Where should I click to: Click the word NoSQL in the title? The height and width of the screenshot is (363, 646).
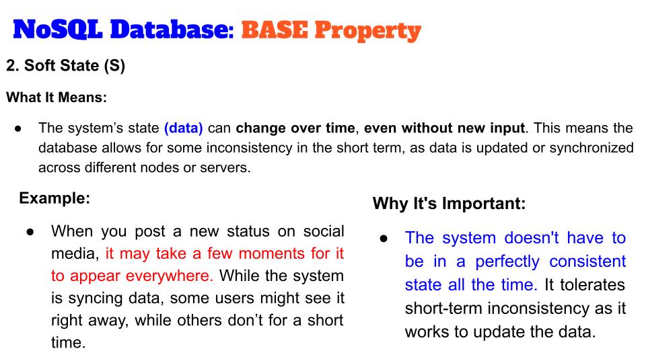point(58,30)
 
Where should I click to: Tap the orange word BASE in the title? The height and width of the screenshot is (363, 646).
point(275,30)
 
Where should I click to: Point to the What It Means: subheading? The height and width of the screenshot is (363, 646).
point(57,97)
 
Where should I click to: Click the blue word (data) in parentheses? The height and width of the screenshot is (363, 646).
point(183,128)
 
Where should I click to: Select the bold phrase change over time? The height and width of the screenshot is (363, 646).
point(295,128)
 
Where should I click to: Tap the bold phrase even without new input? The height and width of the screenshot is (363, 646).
point(445,128)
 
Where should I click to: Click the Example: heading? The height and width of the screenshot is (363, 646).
point(55,198)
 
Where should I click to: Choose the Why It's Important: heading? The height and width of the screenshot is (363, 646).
point(449,203)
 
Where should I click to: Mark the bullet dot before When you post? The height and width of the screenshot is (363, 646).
point(30,232)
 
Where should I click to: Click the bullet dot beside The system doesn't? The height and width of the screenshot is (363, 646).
point(384,239)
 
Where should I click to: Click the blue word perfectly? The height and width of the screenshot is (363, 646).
point(507,261)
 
